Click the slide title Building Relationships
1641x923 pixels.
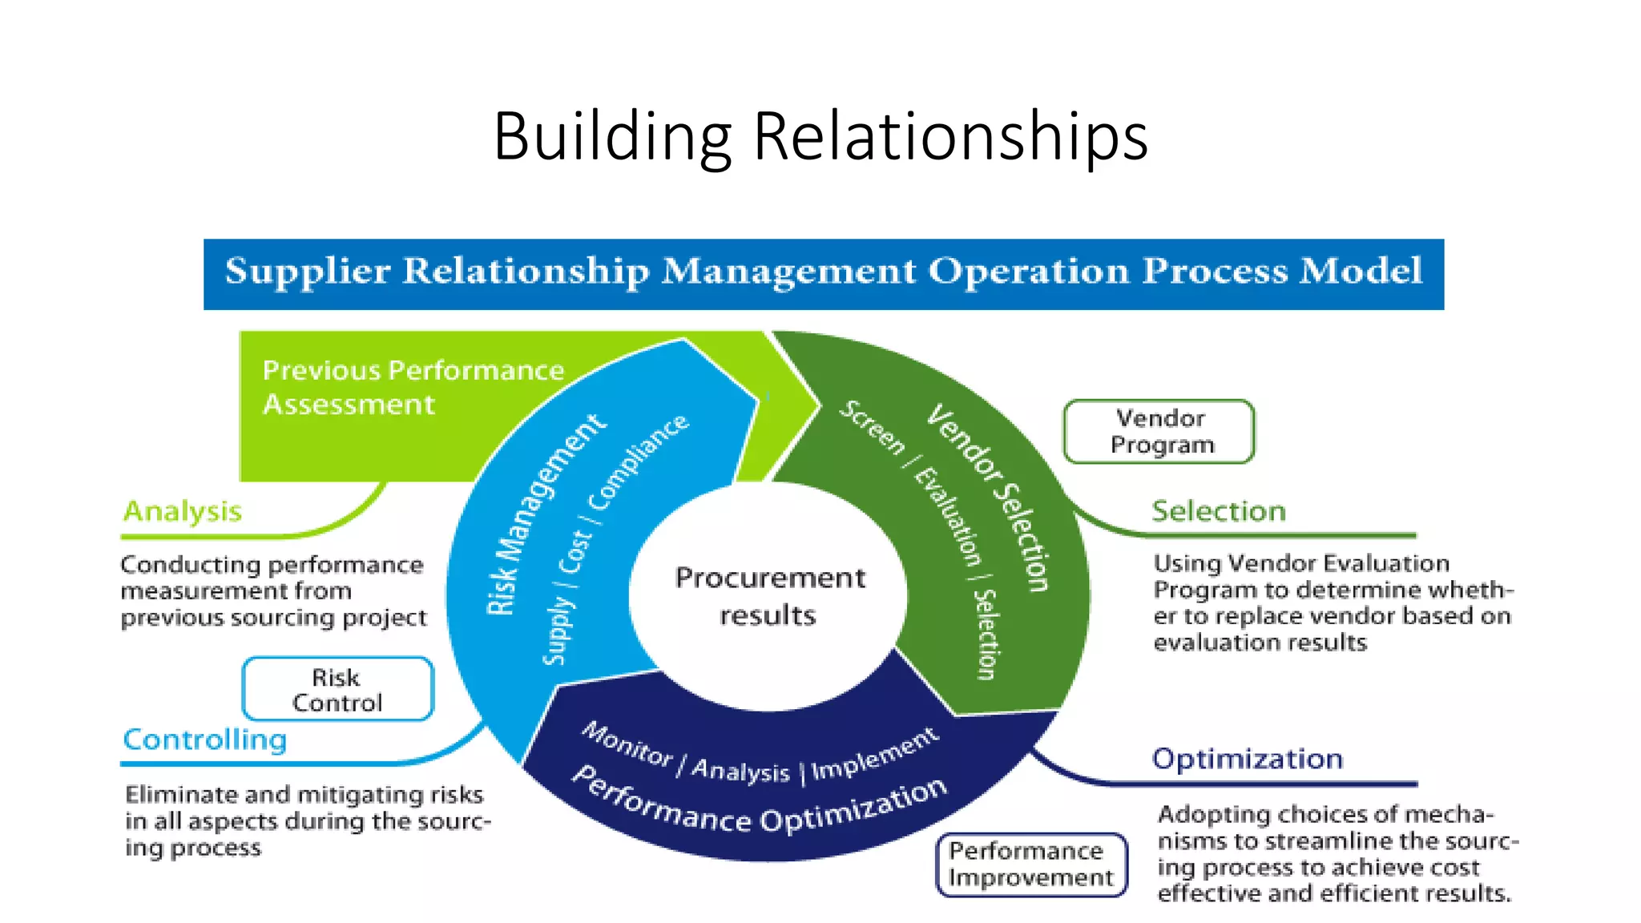point(820,136)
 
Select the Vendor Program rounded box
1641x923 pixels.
point(1159,432)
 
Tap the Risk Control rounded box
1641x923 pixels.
point(337,690)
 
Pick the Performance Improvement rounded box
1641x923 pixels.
point(1030,865)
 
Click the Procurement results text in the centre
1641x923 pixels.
point(769,596)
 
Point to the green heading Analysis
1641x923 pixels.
point(183,511)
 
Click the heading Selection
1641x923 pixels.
point(1218,511)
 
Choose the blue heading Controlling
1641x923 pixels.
point(205,740)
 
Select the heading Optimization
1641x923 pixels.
point(1247,759)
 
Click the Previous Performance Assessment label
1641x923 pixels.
point(413,387)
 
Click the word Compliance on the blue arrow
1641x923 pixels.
point(639,461)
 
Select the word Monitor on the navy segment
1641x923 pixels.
point(627,744)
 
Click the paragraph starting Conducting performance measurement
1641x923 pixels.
point(272,591)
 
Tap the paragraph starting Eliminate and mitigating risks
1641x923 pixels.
point(306,821)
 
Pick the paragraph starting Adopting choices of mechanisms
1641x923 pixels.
point(1337,854)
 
